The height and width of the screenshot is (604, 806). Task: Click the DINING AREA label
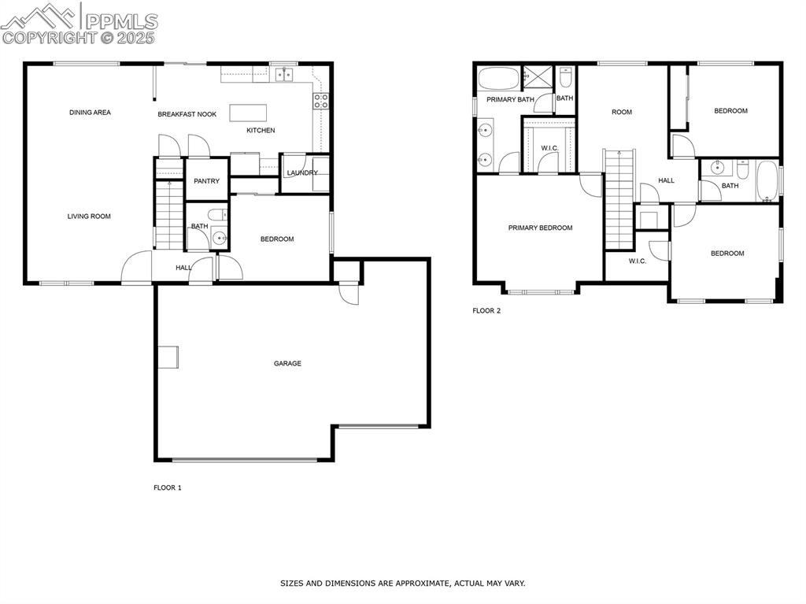click(90, 113)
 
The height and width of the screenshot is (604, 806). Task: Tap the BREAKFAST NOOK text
click(187, 114)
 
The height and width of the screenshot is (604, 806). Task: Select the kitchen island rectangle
click(248, 113)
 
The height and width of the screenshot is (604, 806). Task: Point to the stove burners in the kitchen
click(321, 100)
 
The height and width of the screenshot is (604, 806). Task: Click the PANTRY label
click(206, 181)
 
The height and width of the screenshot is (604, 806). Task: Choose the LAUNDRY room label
click(302, 173)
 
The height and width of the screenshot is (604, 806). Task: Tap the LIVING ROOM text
click(88, 217)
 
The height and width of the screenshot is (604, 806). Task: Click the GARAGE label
click(287, 364)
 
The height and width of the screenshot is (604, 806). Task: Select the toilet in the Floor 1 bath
click(217, 214)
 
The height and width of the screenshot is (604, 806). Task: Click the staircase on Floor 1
click(168, 213)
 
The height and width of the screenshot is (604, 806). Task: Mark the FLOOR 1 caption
click(167, 488)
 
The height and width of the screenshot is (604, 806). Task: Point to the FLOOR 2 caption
click(486, 311)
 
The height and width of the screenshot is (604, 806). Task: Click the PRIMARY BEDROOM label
click(540, 228)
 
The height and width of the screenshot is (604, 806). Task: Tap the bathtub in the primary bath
click(498, 79)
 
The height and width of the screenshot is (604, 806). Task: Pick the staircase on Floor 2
click(619, 201)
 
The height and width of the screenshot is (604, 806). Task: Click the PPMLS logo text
click(120, 20)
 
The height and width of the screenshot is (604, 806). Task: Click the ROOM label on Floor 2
click(622, 113)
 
